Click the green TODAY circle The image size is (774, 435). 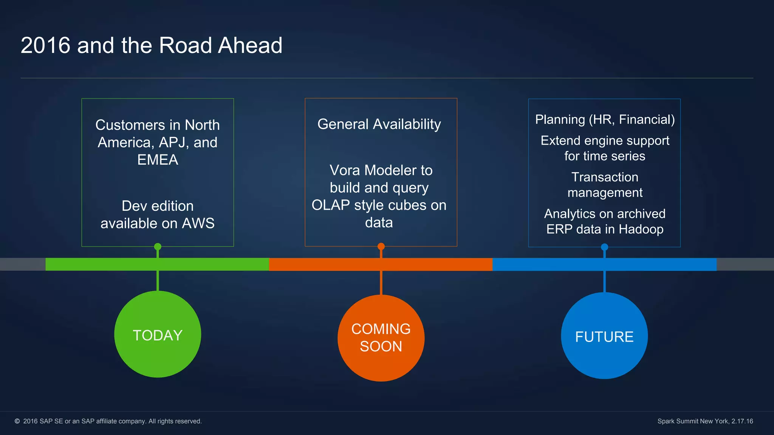158,334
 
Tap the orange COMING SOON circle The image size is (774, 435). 381,338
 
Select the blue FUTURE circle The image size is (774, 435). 604,336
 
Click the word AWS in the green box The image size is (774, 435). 198,223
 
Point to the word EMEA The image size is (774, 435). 158,160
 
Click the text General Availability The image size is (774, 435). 379,124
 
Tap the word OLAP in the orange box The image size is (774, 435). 331,205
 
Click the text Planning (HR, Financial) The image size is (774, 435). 605,119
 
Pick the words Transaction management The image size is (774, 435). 605,185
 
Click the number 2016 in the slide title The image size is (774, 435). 45,45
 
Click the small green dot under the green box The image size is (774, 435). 158,247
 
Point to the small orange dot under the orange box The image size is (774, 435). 381,247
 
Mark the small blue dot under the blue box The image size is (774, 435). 604,247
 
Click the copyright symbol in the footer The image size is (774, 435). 17,421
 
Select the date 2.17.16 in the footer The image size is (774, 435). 742,421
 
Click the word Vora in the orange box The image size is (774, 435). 345,170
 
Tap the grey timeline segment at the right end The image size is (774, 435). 745,264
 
